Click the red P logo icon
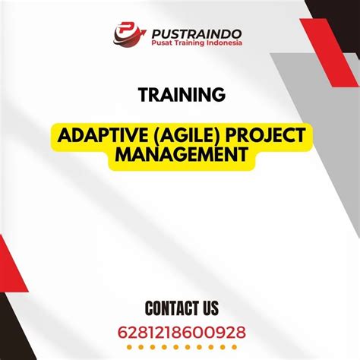[x=125, y=33]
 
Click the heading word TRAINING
[x=181, y=95]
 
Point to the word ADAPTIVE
[x=98, y=137]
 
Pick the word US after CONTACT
[x=208, y=308]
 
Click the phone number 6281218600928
[x=181, y=333]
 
